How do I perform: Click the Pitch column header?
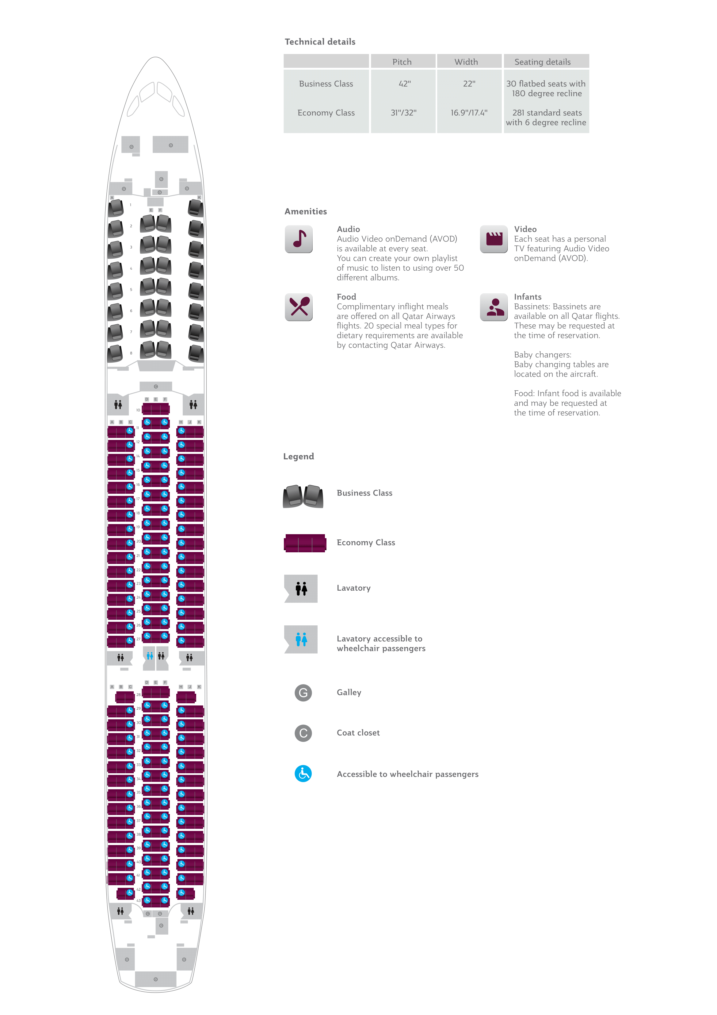tap(402, 62)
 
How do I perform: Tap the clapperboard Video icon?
tap(494, 239)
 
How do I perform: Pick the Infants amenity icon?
tap(494, 307)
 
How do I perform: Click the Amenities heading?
tap(305, 212)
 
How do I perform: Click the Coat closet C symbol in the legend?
tap(303, 733)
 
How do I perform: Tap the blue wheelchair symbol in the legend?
tap(303, 774)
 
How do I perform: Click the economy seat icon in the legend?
tap(305, 543)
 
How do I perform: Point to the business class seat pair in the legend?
tap(303, 496)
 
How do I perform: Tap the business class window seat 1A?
tap(116, 208)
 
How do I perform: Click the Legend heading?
tap(298, 457)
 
